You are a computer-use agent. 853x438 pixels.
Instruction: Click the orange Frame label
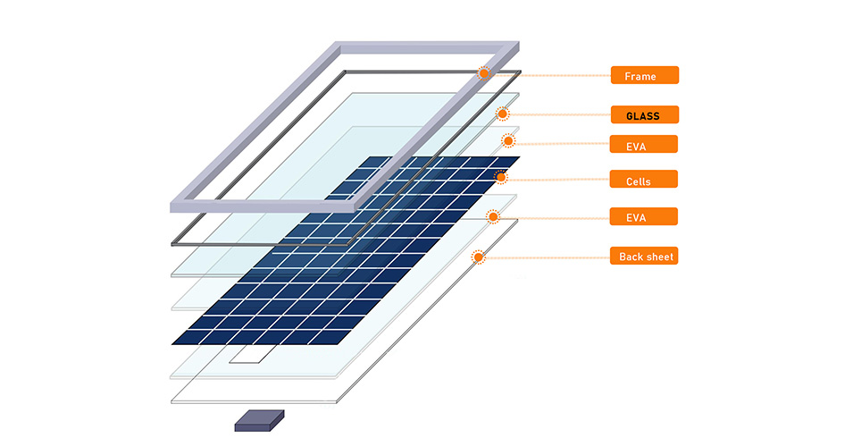645,75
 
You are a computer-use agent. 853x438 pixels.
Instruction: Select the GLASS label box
645,114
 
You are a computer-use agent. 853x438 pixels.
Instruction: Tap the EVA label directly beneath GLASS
644,144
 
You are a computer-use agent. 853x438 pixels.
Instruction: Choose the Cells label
644,179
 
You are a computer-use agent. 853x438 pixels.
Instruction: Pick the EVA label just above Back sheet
644,216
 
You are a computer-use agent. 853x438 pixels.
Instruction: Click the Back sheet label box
644,256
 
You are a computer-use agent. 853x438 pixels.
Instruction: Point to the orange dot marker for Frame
483,73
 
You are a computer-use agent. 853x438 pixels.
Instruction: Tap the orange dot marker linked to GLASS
502,114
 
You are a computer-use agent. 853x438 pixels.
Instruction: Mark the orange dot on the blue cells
500,177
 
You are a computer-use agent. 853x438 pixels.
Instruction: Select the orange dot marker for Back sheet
478,257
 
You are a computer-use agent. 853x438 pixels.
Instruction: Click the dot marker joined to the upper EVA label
508,141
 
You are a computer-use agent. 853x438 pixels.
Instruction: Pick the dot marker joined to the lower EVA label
493,216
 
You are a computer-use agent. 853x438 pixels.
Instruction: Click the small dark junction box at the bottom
260,421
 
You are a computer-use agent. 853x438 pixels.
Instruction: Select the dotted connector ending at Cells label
558,178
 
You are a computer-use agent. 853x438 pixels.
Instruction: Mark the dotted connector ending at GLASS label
559,114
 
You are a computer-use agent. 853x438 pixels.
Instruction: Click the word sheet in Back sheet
658,257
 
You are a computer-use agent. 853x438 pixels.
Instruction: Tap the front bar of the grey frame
263,207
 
